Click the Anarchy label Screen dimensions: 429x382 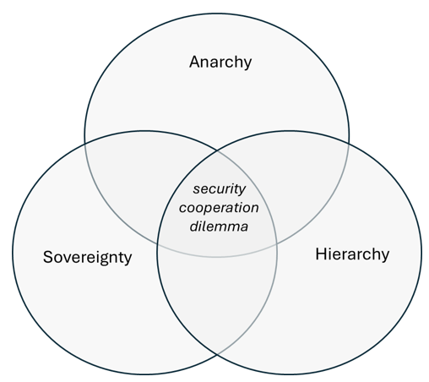click(x=220, y=62)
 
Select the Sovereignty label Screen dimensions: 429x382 click(x=87, y=257)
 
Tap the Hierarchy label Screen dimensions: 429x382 click(x=352, y=254)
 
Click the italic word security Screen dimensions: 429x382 click(x=220, y=189)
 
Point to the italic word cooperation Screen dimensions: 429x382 click(x=219, y=208)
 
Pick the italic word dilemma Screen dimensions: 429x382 click(x=219, y=226)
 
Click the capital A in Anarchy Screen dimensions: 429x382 click(x=195, y=62)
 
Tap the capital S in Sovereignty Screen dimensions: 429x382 click(x=48, y=257)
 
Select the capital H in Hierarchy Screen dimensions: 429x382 click(x=320, y=254)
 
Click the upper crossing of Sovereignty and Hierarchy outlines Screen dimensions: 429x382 click(x=217, y=151)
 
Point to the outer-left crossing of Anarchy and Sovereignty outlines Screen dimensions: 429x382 click(x=85, y=145)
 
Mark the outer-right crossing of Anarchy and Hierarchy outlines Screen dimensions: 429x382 click(x=349, y=144)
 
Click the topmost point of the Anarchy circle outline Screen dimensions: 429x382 click(x=217, y=14)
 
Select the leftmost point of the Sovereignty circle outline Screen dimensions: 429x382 click(x=13, y=253)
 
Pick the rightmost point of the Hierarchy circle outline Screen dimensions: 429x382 click(x=421, y=253)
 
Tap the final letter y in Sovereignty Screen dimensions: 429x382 click(x=128, y=259)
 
